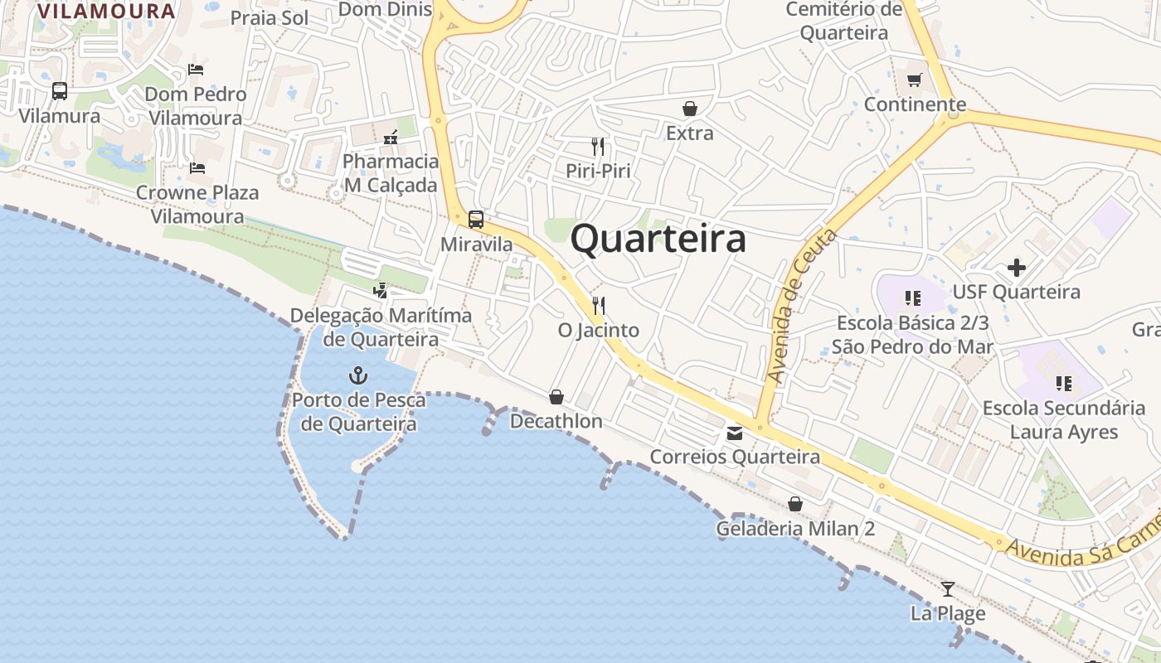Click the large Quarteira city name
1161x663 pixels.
coord(658,240)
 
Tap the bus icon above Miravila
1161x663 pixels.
coord(476,220)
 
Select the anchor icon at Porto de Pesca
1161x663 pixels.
coord(357,375)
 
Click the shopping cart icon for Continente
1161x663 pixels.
coord(915,80)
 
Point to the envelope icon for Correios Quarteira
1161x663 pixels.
coord(735,433)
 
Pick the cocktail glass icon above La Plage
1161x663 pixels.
coord(948,589)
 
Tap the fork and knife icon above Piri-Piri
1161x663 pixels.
coord(598,147)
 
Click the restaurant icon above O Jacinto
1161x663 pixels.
coord(599,306)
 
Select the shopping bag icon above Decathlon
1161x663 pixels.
coord(556,397)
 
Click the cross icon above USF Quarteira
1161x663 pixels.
coord(1017,268)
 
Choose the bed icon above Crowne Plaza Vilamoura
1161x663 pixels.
coord(197,168)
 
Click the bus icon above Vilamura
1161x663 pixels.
coord(60,91)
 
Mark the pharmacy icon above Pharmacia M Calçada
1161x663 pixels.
coord(391,137)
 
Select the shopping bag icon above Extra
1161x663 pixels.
coord(689,109)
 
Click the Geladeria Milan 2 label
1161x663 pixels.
coord(795,529)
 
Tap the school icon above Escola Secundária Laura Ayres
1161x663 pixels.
coord(1063,383)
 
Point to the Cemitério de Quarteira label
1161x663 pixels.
coord(843,22)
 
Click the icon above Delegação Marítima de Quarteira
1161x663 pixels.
coord(381,291)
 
